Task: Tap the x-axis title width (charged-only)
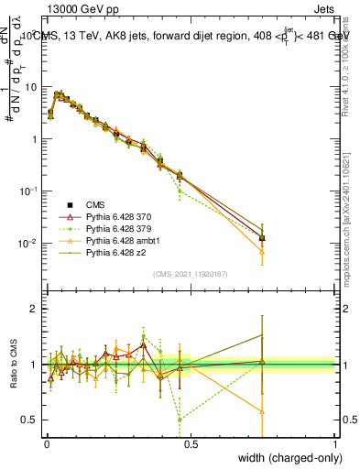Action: coord(287,458)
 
